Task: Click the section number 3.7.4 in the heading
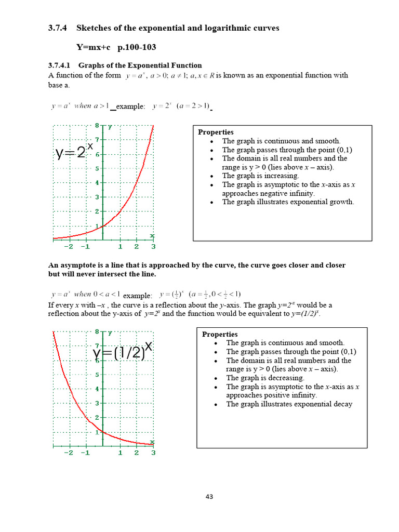[x=58, y=28]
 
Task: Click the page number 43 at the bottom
[x=209, y=497]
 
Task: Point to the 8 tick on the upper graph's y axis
[x=97, y=125]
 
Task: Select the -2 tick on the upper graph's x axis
[x=69, y=247]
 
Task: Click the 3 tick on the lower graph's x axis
[x=153, y=453]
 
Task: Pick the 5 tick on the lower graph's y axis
[x=97, y=375]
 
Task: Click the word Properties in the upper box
[x=216, y=132]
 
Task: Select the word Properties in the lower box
[x=220, y=334]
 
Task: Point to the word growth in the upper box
[x=342, y=202]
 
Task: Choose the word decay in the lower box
[x=343, y=404]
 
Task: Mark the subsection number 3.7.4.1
[x=61, y=65]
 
